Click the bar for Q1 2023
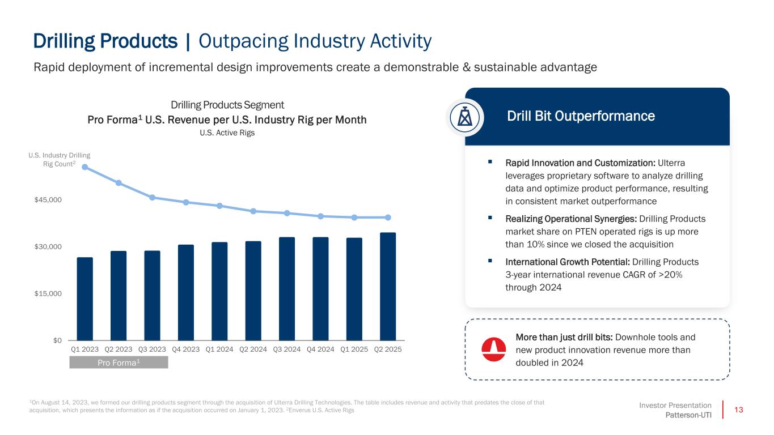pyautogui.click(x=85, y=298)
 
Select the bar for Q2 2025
pyautogui.click(x=388, y=286)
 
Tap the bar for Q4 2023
pyautogui.click(x=186, y=292)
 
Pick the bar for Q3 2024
pyautogui.click(x=287, y=288)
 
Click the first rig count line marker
pyautogui.click(x=85, y=167)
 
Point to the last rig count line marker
pyautogui.click(x=388, y=217)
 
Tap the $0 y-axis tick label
pyautogui.click(x=56, y=340)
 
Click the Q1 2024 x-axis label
pyautogui.click(x=219, y=349)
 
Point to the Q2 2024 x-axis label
pyautogui.click(x=253, y=349)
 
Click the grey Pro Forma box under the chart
pyautogui.click(x=119, y=362)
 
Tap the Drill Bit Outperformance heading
pyautogui.click(x=581, y=116)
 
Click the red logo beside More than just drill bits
pyautogui.click(x=493, y=349)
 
